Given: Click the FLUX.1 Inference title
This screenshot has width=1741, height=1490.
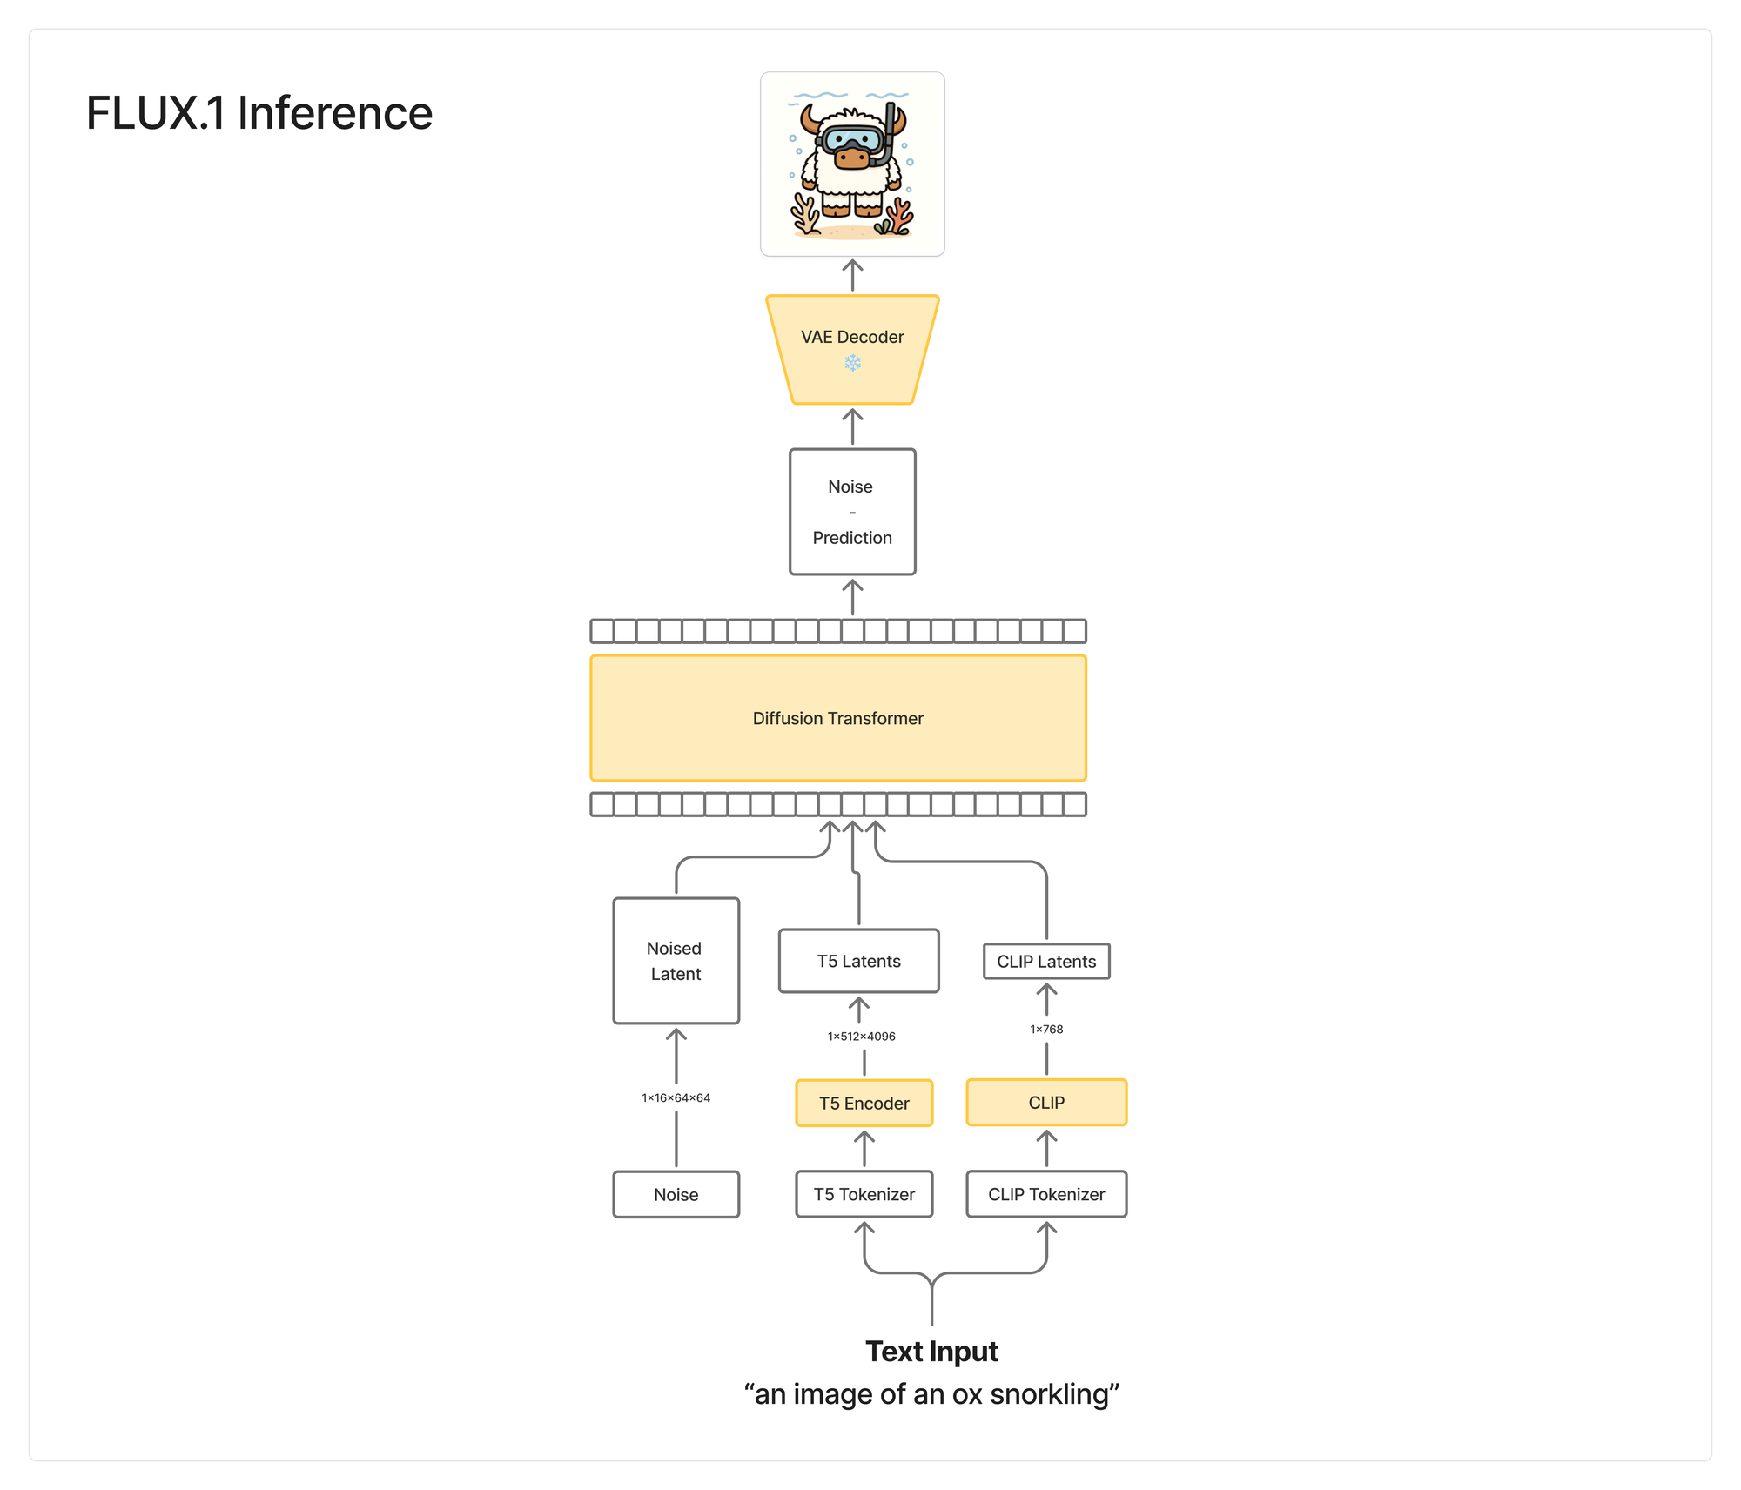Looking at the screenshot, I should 259,113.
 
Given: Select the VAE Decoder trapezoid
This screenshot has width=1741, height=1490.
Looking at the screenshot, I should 852,349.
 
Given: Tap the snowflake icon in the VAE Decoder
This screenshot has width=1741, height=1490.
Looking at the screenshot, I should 852,363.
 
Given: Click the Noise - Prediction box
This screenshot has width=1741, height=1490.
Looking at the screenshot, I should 852,512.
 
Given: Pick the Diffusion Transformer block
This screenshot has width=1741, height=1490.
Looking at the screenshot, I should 838,718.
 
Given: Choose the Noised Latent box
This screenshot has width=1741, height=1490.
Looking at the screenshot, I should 676,961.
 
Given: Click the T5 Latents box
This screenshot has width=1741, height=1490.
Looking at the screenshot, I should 858,961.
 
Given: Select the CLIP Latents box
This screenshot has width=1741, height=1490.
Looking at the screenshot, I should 1046,962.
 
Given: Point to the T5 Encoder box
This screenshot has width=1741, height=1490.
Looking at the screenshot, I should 864,1103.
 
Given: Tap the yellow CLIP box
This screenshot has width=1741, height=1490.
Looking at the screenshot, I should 1046,1103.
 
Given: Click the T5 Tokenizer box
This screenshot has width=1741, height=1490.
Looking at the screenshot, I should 864,1194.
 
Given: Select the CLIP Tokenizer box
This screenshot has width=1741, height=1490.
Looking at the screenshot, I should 1046,1194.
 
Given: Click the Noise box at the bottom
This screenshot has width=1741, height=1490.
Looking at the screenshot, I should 676,1194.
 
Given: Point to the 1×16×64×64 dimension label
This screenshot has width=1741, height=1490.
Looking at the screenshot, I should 676,1097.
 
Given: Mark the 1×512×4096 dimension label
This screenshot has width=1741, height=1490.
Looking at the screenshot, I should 861,1036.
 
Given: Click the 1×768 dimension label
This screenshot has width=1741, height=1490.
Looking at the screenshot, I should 1046,1029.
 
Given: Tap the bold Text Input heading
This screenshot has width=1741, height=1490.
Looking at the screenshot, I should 931,1352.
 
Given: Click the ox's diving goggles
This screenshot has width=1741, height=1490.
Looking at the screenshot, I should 853,139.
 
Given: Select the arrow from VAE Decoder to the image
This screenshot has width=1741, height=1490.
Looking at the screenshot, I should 852,275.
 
